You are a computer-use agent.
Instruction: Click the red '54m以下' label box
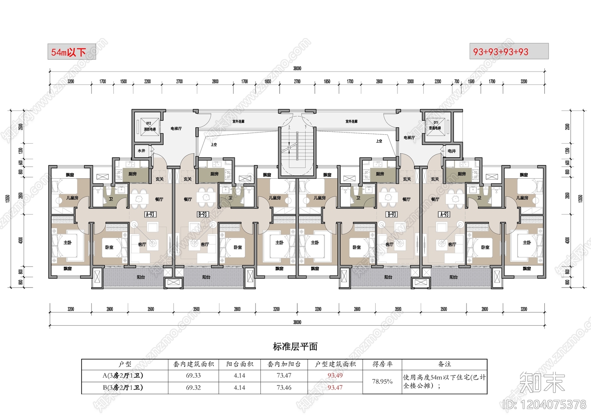coord(71,52)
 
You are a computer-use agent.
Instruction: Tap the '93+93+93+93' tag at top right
coord(509,52)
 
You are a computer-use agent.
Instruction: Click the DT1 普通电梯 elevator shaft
coord(435,126)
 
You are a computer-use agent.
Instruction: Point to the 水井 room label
coord(141,151)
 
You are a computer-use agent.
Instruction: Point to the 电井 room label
coord(451,151)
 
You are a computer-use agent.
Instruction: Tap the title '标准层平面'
coord(295,347)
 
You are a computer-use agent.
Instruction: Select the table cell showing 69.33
coord(193,375)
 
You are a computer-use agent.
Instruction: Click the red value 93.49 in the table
coord(335,375)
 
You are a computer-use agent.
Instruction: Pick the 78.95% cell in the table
coord(382,381)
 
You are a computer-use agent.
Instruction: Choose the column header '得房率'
coord(382,364)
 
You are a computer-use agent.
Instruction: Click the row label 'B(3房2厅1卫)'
coord(123,388)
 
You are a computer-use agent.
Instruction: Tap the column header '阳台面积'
coord(239,364)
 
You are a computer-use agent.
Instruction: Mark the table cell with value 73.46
coord(284,388)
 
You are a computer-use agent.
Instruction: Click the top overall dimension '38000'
coord(297,68)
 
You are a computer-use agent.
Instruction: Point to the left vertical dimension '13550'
coord(8,198)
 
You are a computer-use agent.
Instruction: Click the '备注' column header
coord(444,364)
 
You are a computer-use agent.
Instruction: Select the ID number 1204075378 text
coord(545,405)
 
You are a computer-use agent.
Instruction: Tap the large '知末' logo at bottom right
coord(542,382)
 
